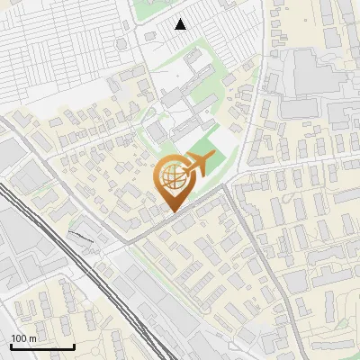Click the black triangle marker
(181, 24)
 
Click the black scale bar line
(42, 346)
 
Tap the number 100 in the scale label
(20, 338)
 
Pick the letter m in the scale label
(32, 338)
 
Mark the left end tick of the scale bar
(11, 345)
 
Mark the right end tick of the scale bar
(74, 345)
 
